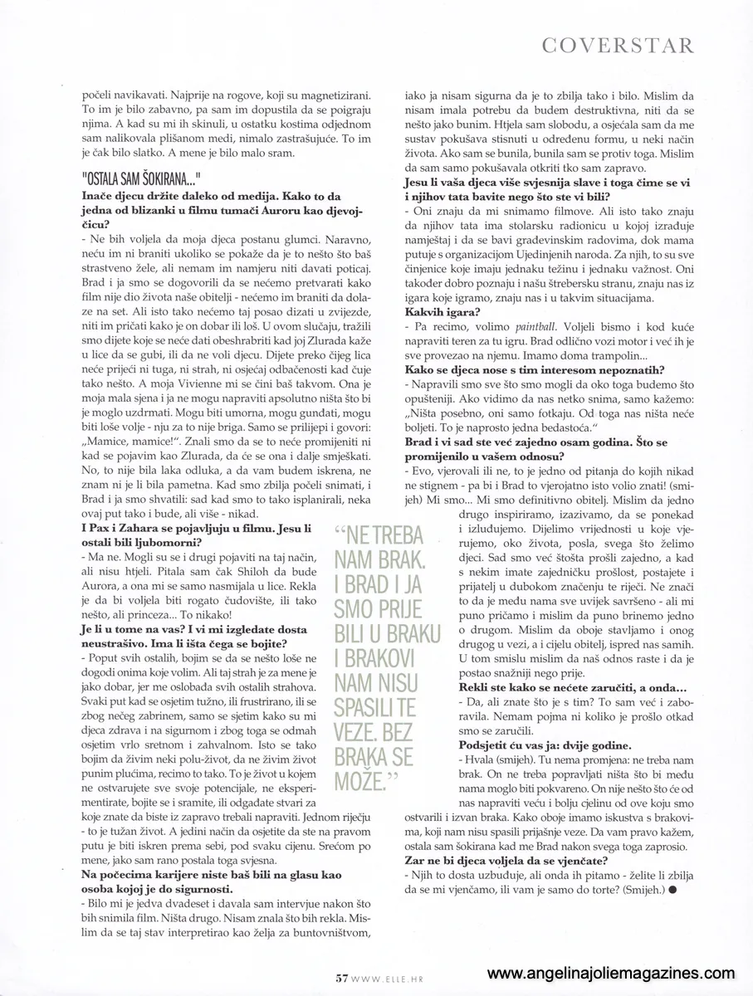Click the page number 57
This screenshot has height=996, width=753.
pyautogui.click(x=340, y=978)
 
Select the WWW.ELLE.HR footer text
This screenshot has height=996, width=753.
pyautogui.click(x=385, y=979)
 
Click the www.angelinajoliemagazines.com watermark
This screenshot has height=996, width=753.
pyautogui.click(x=611, y=973)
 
